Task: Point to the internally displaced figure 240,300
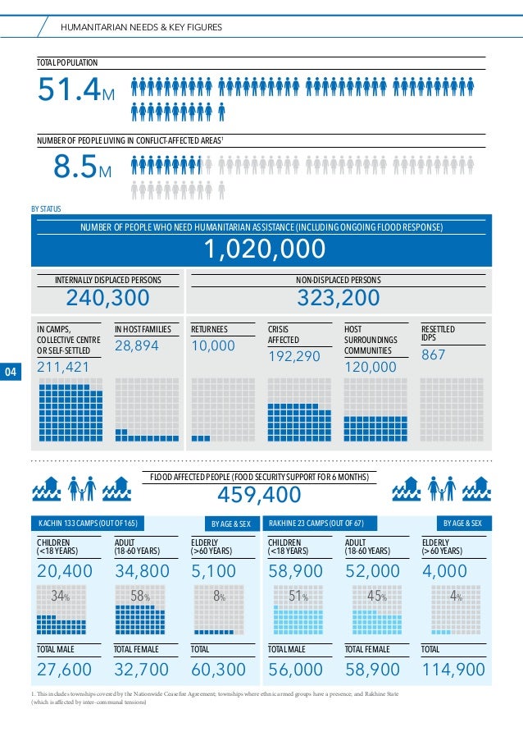click(107, 298)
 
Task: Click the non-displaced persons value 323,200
click(338, 298)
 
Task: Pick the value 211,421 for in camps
click(63, 367)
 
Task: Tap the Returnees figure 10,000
click(212, 346)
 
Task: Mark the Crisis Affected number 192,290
click(295, 357)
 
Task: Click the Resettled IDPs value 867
click(434, 355)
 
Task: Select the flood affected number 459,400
click(259, 495)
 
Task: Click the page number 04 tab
click(11, 373)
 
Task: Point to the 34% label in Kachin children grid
click(59, 597)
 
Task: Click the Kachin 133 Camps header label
click(88, 523)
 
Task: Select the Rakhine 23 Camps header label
click(316, 523)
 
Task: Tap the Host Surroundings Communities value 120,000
click(371, 368)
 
